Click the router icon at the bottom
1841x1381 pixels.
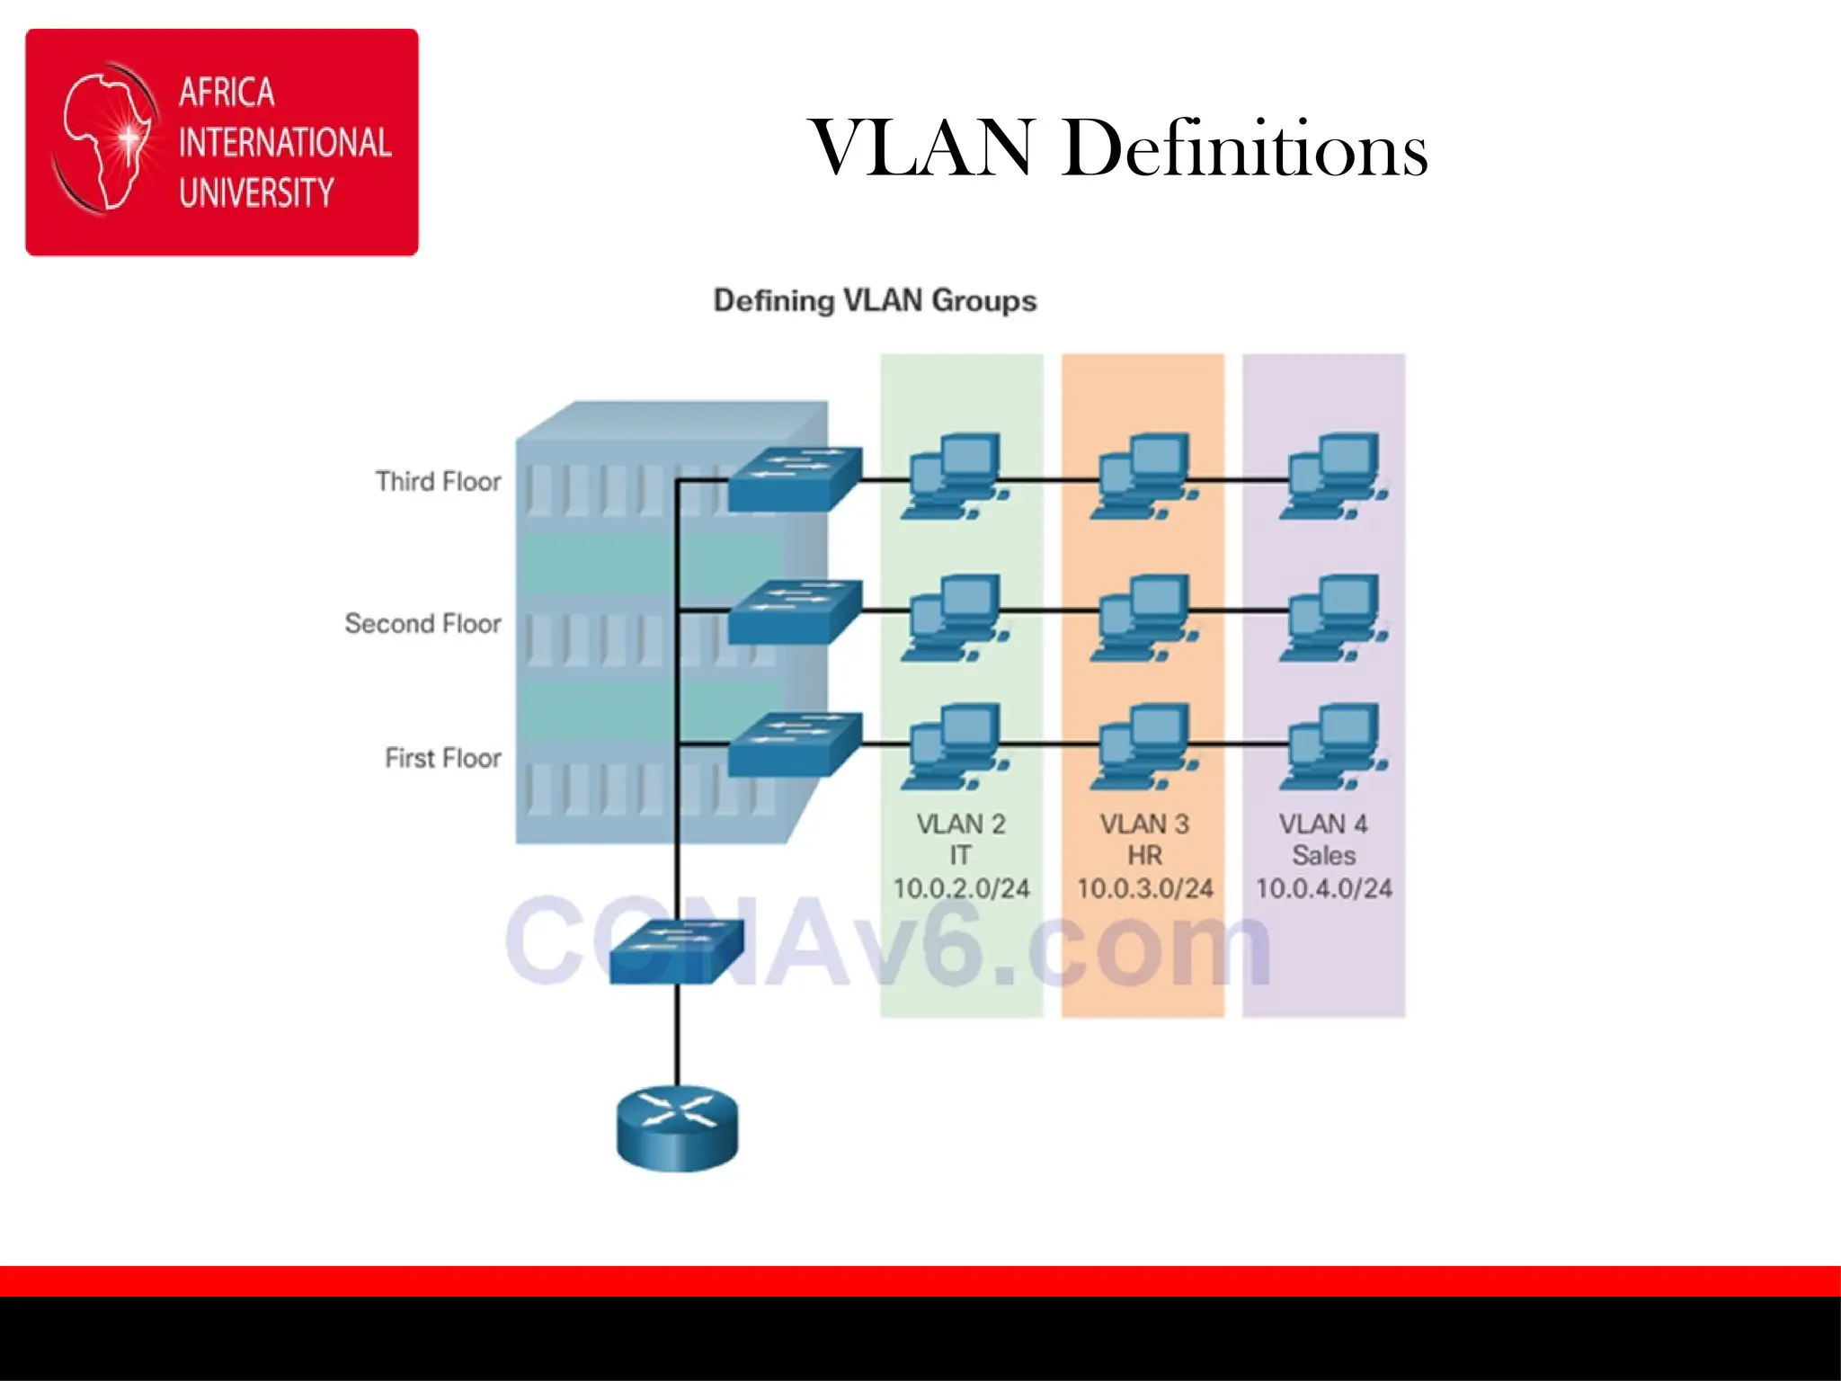pyautogui.click(x=677, y=1128)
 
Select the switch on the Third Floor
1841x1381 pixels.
pyautogui.click(x=794, y=479)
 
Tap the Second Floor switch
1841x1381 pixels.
pyautogui.click(x=794, y=611)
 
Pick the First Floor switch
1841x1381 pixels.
pyautogui.click(x=794, y=744)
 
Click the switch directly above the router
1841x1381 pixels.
pyautogui.click(x=677, y=951)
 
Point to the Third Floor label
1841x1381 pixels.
pyautogui.click(x=438, y=482)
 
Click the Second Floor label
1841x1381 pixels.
pyautogui.click(x=422, y=624)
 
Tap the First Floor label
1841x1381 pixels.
pyautogui.click(x=442, y=758)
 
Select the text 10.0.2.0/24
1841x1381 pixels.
pyautogui.click(x=961, y=888)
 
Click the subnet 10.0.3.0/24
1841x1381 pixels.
pyautogui.click(x=1144, y=888)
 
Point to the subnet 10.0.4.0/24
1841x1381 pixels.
pyautogui.click(x=1323, y=888)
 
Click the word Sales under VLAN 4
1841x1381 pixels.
pyautogui.click(x=1323, y=855)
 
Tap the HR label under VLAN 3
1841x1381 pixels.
pyautogui.click(x=1144, y=855)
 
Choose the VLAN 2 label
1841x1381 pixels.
pyautogui.click(x=961, y=824)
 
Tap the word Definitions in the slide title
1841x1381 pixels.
pyautogui.click(x=1244, y=147)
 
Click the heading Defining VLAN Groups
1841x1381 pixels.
pyautogui.click(x=875, y=300)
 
